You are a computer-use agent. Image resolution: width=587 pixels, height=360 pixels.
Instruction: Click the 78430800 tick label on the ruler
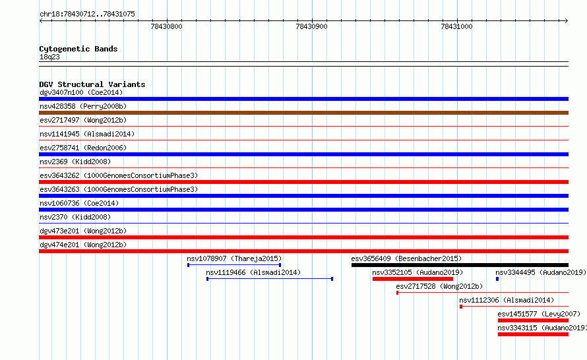[166, 26]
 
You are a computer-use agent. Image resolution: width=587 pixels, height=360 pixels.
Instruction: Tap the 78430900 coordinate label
[311, 26]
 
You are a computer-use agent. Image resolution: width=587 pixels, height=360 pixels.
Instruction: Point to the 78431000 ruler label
[456, 26]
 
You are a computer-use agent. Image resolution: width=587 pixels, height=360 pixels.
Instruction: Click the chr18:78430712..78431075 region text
[87, 14]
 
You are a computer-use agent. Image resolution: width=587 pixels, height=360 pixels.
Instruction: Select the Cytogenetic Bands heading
[78, 49]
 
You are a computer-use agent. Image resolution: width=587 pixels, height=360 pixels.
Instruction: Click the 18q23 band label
[49, 57]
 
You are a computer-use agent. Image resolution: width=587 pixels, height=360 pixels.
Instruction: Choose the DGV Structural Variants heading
[92, 84]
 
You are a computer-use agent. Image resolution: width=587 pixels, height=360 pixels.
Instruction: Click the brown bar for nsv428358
[303, 113]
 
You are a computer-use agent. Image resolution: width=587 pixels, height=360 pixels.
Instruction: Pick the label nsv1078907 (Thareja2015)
[234, 258]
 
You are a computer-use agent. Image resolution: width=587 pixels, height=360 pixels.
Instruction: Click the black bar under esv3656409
[460, 265]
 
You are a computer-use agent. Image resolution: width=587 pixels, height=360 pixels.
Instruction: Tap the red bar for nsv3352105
[412, 279]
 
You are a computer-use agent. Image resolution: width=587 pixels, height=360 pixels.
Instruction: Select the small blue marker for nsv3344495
[497, 279]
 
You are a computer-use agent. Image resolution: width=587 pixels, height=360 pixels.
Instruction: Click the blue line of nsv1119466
[270, 279]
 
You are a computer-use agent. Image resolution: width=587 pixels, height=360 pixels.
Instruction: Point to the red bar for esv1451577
[533, 320]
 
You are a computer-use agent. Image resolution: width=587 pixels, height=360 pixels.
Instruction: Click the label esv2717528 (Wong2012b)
[439, 286]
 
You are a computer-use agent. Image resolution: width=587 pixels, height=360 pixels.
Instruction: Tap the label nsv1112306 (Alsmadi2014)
[507, 300]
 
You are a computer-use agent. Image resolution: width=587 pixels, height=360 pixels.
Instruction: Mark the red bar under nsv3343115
[533, 334]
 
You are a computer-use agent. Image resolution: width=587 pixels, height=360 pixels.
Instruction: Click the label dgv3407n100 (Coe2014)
[81, 92]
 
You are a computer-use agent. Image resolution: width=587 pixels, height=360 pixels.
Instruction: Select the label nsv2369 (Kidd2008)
[75, 162]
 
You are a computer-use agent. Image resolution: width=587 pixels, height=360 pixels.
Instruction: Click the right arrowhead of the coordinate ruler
[567, 20]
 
